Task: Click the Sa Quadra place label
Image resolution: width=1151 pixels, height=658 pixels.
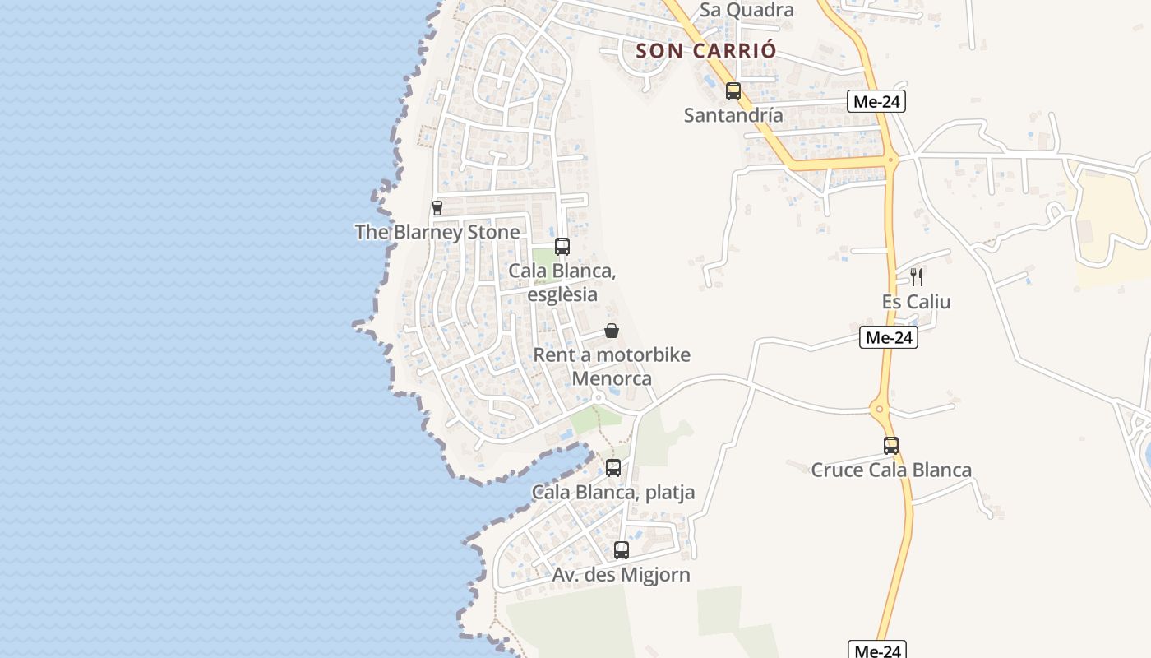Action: [x=747, y=10]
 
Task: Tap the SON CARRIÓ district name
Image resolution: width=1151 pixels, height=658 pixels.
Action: [x=706, y=50]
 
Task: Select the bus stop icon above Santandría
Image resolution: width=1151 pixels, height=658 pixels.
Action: [x=733, y=91]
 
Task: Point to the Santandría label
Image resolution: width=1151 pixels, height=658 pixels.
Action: [x=733, y=114]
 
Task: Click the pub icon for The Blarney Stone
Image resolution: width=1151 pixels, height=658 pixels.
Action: [x=437, y=208]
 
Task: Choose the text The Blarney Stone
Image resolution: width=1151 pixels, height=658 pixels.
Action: [x=437, y=232]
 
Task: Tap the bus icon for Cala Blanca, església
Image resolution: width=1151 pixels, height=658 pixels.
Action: [x=562, y=246]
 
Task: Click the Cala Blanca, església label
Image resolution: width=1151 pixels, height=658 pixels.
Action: [x=562, y=282]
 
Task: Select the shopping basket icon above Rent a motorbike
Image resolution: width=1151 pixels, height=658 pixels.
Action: [x=612, y=331]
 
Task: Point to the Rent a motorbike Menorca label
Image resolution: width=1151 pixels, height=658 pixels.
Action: [x=612, y=367]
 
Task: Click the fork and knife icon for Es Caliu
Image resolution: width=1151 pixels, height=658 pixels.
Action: [x=917, y=277]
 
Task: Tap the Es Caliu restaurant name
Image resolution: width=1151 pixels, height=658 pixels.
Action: [x=917, y=302]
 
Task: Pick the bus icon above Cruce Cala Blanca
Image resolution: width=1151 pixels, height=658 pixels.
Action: [x=891, y=446]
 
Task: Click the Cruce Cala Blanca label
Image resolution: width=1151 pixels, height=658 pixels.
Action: [x=891, y=470]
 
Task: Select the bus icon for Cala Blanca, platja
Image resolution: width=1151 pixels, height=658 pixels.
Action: [x=613, y=468]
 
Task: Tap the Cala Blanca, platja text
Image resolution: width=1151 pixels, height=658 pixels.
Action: [x=613, y=493]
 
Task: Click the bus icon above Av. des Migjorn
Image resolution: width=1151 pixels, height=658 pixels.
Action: [x=622, y=550]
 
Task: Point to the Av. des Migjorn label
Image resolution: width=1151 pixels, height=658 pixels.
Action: [x=622, y=575]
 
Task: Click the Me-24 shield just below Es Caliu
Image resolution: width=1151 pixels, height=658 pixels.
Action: [x=889, y=337]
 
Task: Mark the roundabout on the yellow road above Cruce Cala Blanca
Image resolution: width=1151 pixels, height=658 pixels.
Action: [x=880, y=408]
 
